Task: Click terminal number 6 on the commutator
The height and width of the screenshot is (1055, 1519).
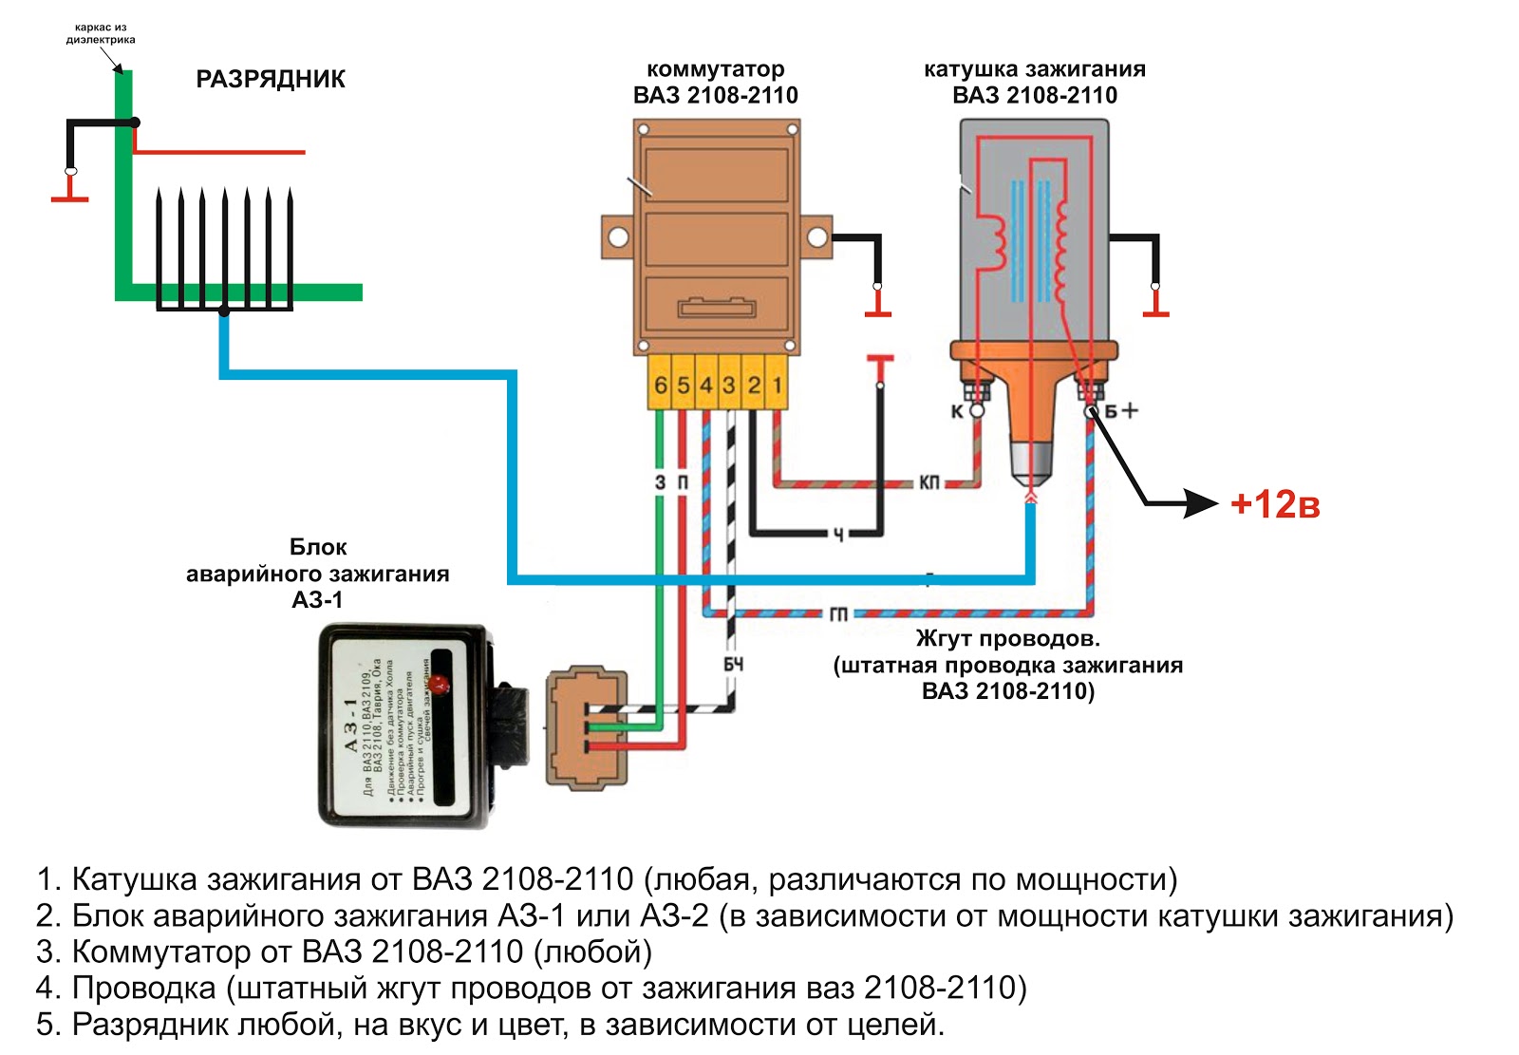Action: point(661,385)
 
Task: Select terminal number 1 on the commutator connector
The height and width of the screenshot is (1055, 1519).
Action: point(777,385)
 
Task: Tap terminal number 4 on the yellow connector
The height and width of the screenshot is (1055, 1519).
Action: point(706,385)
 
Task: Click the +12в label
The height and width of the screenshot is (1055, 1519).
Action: point(1274,504)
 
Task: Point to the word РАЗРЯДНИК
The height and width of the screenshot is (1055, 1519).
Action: point(271,79)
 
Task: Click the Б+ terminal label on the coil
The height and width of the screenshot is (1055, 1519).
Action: point(1120,411)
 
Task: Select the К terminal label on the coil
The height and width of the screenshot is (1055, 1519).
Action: point(957,411)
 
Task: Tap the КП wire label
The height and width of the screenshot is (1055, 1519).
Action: point(928,482)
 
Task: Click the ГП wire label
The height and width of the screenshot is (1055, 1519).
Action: point(838,614)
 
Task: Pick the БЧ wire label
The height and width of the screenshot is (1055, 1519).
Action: point(733,665)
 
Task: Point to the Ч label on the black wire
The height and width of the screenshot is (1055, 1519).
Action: point(838,535)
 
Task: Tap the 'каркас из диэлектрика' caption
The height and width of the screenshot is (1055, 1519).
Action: point(101,33)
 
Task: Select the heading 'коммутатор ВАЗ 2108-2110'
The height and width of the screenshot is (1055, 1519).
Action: point(715,82)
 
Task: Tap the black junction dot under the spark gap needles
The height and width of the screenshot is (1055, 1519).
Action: point(224,311)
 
